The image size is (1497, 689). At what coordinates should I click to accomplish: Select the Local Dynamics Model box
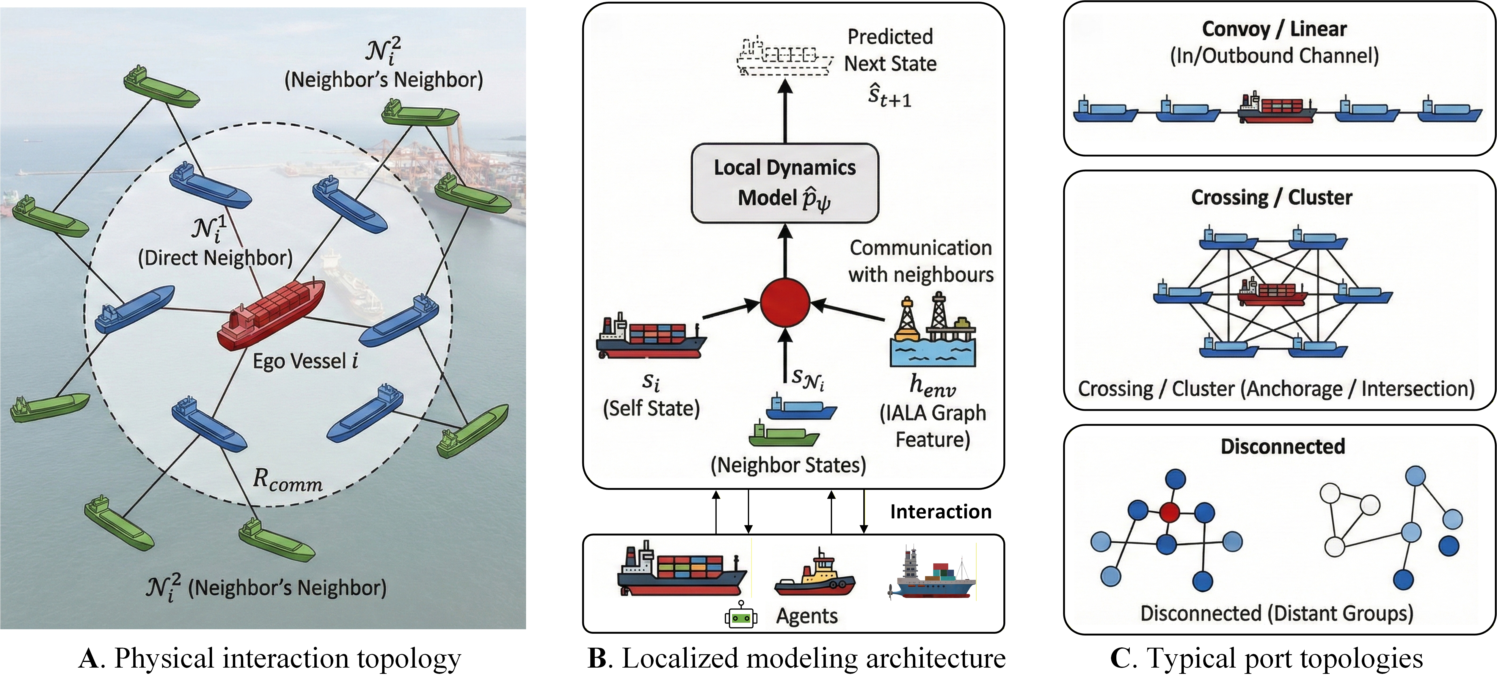(784, 183)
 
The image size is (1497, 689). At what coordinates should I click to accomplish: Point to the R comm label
(288, 480)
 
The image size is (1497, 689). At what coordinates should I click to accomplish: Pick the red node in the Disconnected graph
(1169, 512)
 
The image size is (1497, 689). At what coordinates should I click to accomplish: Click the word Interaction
(941, 512)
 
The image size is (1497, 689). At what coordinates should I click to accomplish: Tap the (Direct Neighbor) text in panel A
(215, 258)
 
